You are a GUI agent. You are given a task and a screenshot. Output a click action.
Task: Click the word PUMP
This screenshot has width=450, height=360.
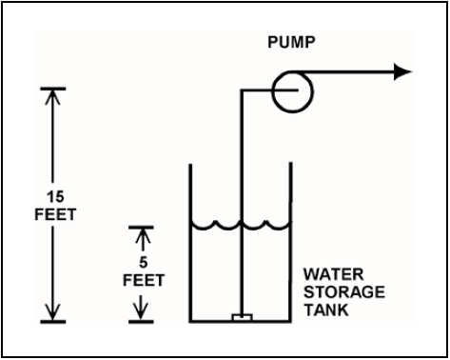coord(291,42)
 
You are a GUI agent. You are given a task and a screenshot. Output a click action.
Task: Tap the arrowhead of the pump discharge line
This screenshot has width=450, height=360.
coord(402,72)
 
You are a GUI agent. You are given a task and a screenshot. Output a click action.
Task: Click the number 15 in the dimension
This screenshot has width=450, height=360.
coord(55,197)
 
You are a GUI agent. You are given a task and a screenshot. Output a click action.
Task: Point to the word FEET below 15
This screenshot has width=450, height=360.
coord(55,214)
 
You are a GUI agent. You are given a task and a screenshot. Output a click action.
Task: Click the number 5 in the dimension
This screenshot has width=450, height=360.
coord(144,263)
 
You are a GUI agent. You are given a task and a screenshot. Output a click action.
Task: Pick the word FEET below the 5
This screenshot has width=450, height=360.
coord(144,281)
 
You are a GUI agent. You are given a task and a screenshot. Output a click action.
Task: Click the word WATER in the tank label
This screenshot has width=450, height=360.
coord(333,274)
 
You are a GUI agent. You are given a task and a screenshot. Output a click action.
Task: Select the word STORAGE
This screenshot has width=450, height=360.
coord(344,292)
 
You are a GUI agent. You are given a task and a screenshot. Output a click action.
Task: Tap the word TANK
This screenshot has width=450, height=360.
coord(326,310)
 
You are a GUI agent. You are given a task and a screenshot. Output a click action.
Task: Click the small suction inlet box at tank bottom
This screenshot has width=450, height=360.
coord(242,317)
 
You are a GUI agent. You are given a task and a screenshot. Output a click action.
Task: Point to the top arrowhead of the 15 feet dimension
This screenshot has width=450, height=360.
coord(52,96)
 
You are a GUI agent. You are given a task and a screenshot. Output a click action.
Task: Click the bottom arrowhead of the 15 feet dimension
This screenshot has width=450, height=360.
coord(52,313)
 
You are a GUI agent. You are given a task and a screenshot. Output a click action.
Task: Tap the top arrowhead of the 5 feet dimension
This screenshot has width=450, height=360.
coord(143,235)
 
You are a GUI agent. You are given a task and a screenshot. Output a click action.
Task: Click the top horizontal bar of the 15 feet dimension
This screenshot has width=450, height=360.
coord(53,89)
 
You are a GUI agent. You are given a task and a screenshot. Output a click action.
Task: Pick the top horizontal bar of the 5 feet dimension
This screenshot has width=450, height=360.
coord(141,228)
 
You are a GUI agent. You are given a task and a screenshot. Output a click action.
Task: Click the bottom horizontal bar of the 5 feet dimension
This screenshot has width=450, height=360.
coord(141,322)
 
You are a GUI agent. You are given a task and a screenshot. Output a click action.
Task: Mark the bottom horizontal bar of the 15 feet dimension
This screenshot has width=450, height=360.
coord(53,322)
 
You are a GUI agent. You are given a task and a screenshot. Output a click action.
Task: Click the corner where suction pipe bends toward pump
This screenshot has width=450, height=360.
coord(242,90)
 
